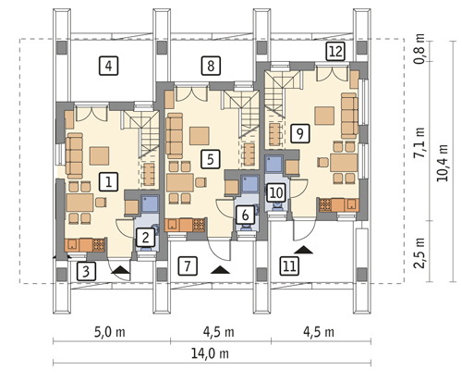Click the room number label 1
tap(108, 181)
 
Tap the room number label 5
tap(211, 159)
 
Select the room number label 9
tap(299, 133)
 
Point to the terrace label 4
tap(108, 66)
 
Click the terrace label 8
tap(211, 66)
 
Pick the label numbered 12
tap(335, 52)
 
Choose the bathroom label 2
tap(145, 238)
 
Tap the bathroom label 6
tap(245, 215)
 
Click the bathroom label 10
tap(276, 192)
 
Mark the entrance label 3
tap(86, 271)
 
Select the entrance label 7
tap(188, 265)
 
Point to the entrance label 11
tap(289, 265)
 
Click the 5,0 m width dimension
tap(110, 332)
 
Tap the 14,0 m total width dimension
tap(210, 353)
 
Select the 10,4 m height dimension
tap(443, 163)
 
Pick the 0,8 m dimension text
tap(419, 49)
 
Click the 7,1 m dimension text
tap(419, 142)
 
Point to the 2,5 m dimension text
tap(419, 253)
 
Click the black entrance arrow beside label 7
tap(220, 269)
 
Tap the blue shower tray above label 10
tap(274, 164)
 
